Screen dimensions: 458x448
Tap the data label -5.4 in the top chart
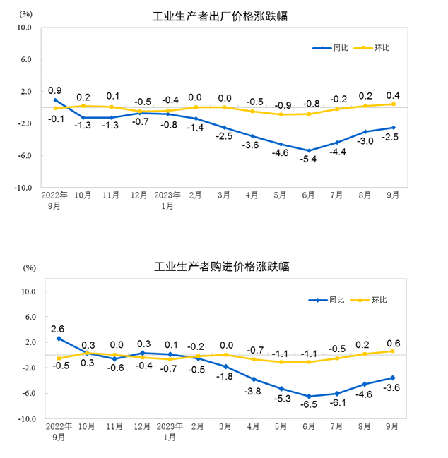coord(309,159)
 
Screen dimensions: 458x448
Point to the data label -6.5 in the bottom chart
coord(309,406)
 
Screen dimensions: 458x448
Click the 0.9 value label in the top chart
coord(54,90)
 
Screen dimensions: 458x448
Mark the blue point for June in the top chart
coord(309,150)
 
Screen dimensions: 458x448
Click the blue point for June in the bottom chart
coord(309,396)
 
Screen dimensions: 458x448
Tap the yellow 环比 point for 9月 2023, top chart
coord(393,104)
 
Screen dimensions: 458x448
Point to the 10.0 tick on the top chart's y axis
coord(25,28)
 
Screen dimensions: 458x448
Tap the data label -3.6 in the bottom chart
coord(393,387)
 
